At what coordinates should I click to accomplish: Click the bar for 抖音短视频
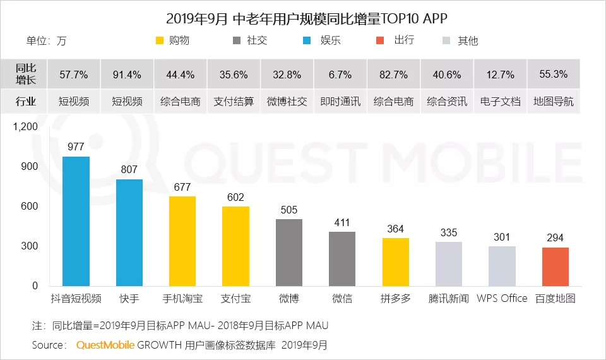(x=76, y=221)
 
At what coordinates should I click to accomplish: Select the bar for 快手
(x=129, y=232)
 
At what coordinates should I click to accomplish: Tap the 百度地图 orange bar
(x=555, y=267)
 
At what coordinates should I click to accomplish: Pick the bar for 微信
(x=342, y=259)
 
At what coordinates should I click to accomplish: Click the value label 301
(x=502, y=237)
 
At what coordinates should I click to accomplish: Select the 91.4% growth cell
(x=127, y=75)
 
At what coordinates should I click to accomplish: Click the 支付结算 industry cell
(x=234, y=101)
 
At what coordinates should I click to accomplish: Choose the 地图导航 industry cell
(x=554, y=101)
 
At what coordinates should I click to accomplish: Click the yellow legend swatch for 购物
(x=160, y=41)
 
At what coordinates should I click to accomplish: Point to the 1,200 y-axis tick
(x=25, y=127)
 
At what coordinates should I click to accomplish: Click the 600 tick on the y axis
(x=29, y=207)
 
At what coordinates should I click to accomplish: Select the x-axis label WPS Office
(x=502, y=299)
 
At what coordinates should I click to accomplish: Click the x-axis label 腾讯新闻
(x=449, y=299)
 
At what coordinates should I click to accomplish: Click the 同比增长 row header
(x=26, y=75)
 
